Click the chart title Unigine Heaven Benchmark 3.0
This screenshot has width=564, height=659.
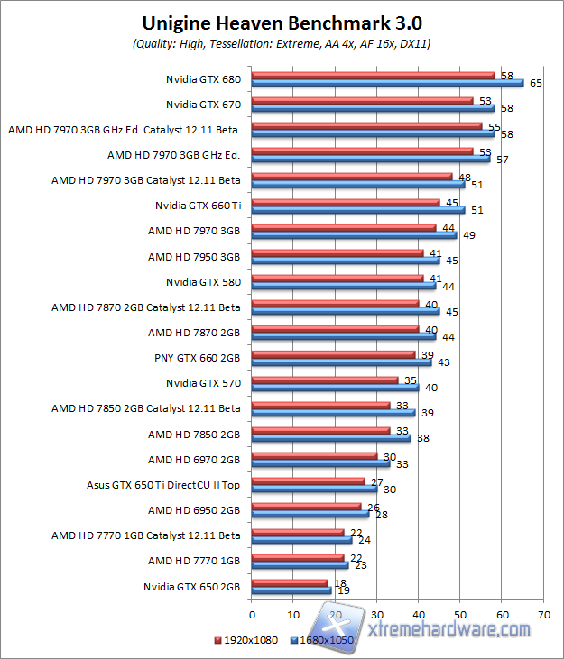[282, 23]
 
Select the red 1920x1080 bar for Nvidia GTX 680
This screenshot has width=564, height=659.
[374, 76]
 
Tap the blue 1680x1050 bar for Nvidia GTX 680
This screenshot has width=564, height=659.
[388, 83]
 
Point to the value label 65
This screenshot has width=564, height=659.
[536, 83]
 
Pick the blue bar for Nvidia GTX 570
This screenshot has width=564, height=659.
[336, 388]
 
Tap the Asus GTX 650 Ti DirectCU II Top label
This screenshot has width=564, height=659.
[163, 484]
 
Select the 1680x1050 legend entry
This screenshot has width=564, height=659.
[325, 641]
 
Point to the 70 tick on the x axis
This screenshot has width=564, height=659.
[543, 615]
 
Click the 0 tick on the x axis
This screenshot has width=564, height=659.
[253, 615]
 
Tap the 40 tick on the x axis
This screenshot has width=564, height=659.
[419, 615]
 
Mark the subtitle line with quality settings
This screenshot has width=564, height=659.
[282, 43]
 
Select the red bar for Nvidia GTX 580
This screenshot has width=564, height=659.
[337, 278]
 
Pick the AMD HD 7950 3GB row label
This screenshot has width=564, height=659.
[194, 256]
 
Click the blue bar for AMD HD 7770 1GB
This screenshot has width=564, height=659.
[300, 565]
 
